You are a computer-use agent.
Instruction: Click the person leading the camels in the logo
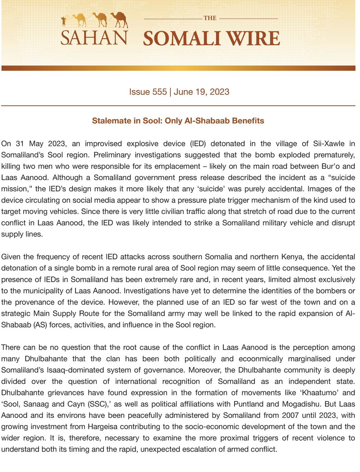pos(64,21)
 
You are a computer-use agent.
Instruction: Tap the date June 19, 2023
pos(202,92)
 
